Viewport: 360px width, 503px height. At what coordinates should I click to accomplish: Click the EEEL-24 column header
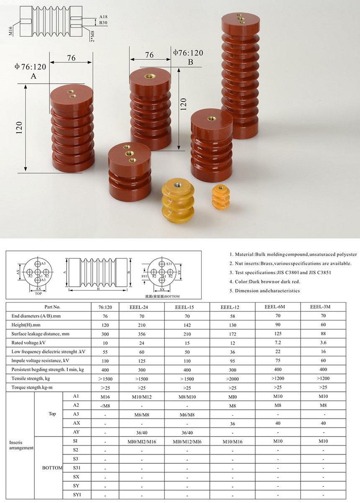point(141,307)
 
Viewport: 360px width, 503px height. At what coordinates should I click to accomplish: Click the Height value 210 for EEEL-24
point(141,325)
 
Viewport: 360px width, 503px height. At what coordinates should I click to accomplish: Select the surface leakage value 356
point(141,334)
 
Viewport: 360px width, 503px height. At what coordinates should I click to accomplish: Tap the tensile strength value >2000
point(232,378)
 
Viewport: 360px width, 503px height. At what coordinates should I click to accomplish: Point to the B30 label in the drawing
point(103,23)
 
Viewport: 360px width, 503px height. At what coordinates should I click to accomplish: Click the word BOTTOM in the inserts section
point(52,467)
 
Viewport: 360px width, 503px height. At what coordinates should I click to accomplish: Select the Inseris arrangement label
point(21,445)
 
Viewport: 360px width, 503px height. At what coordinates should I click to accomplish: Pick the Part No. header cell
point(52,307)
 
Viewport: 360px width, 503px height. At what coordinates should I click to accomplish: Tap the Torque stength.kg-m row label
point(30,387)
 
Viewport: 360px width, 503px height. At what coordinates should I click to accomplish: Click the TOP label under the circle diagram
point(38,294)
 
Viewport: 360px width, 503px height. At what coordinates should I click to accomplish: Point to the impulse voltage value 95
point(232,360)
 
